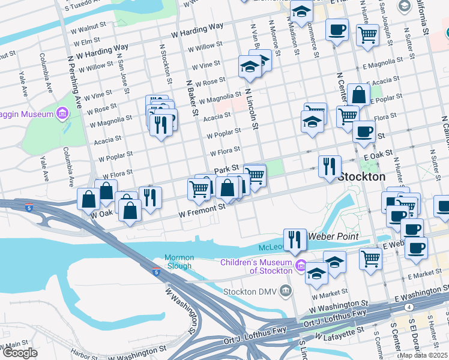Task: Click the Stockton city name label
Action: (x=361, y=177)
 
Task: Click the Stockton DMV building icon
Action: (x=286, y=292)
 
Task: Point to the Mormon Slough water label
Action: (x=178, y=262)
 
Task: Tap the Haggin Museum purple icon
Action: (x=62, y=113)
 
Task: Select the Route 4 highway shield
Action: (x=409, y=307)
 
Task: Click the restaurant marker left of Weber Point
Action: (x=294, y=239)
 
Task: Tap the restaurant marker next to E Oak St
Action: (x=330, y=166)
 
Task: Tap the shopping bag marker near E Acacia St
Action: (x=358, y=94)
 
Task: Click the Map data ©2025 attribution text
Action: (x=423, y=355)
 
